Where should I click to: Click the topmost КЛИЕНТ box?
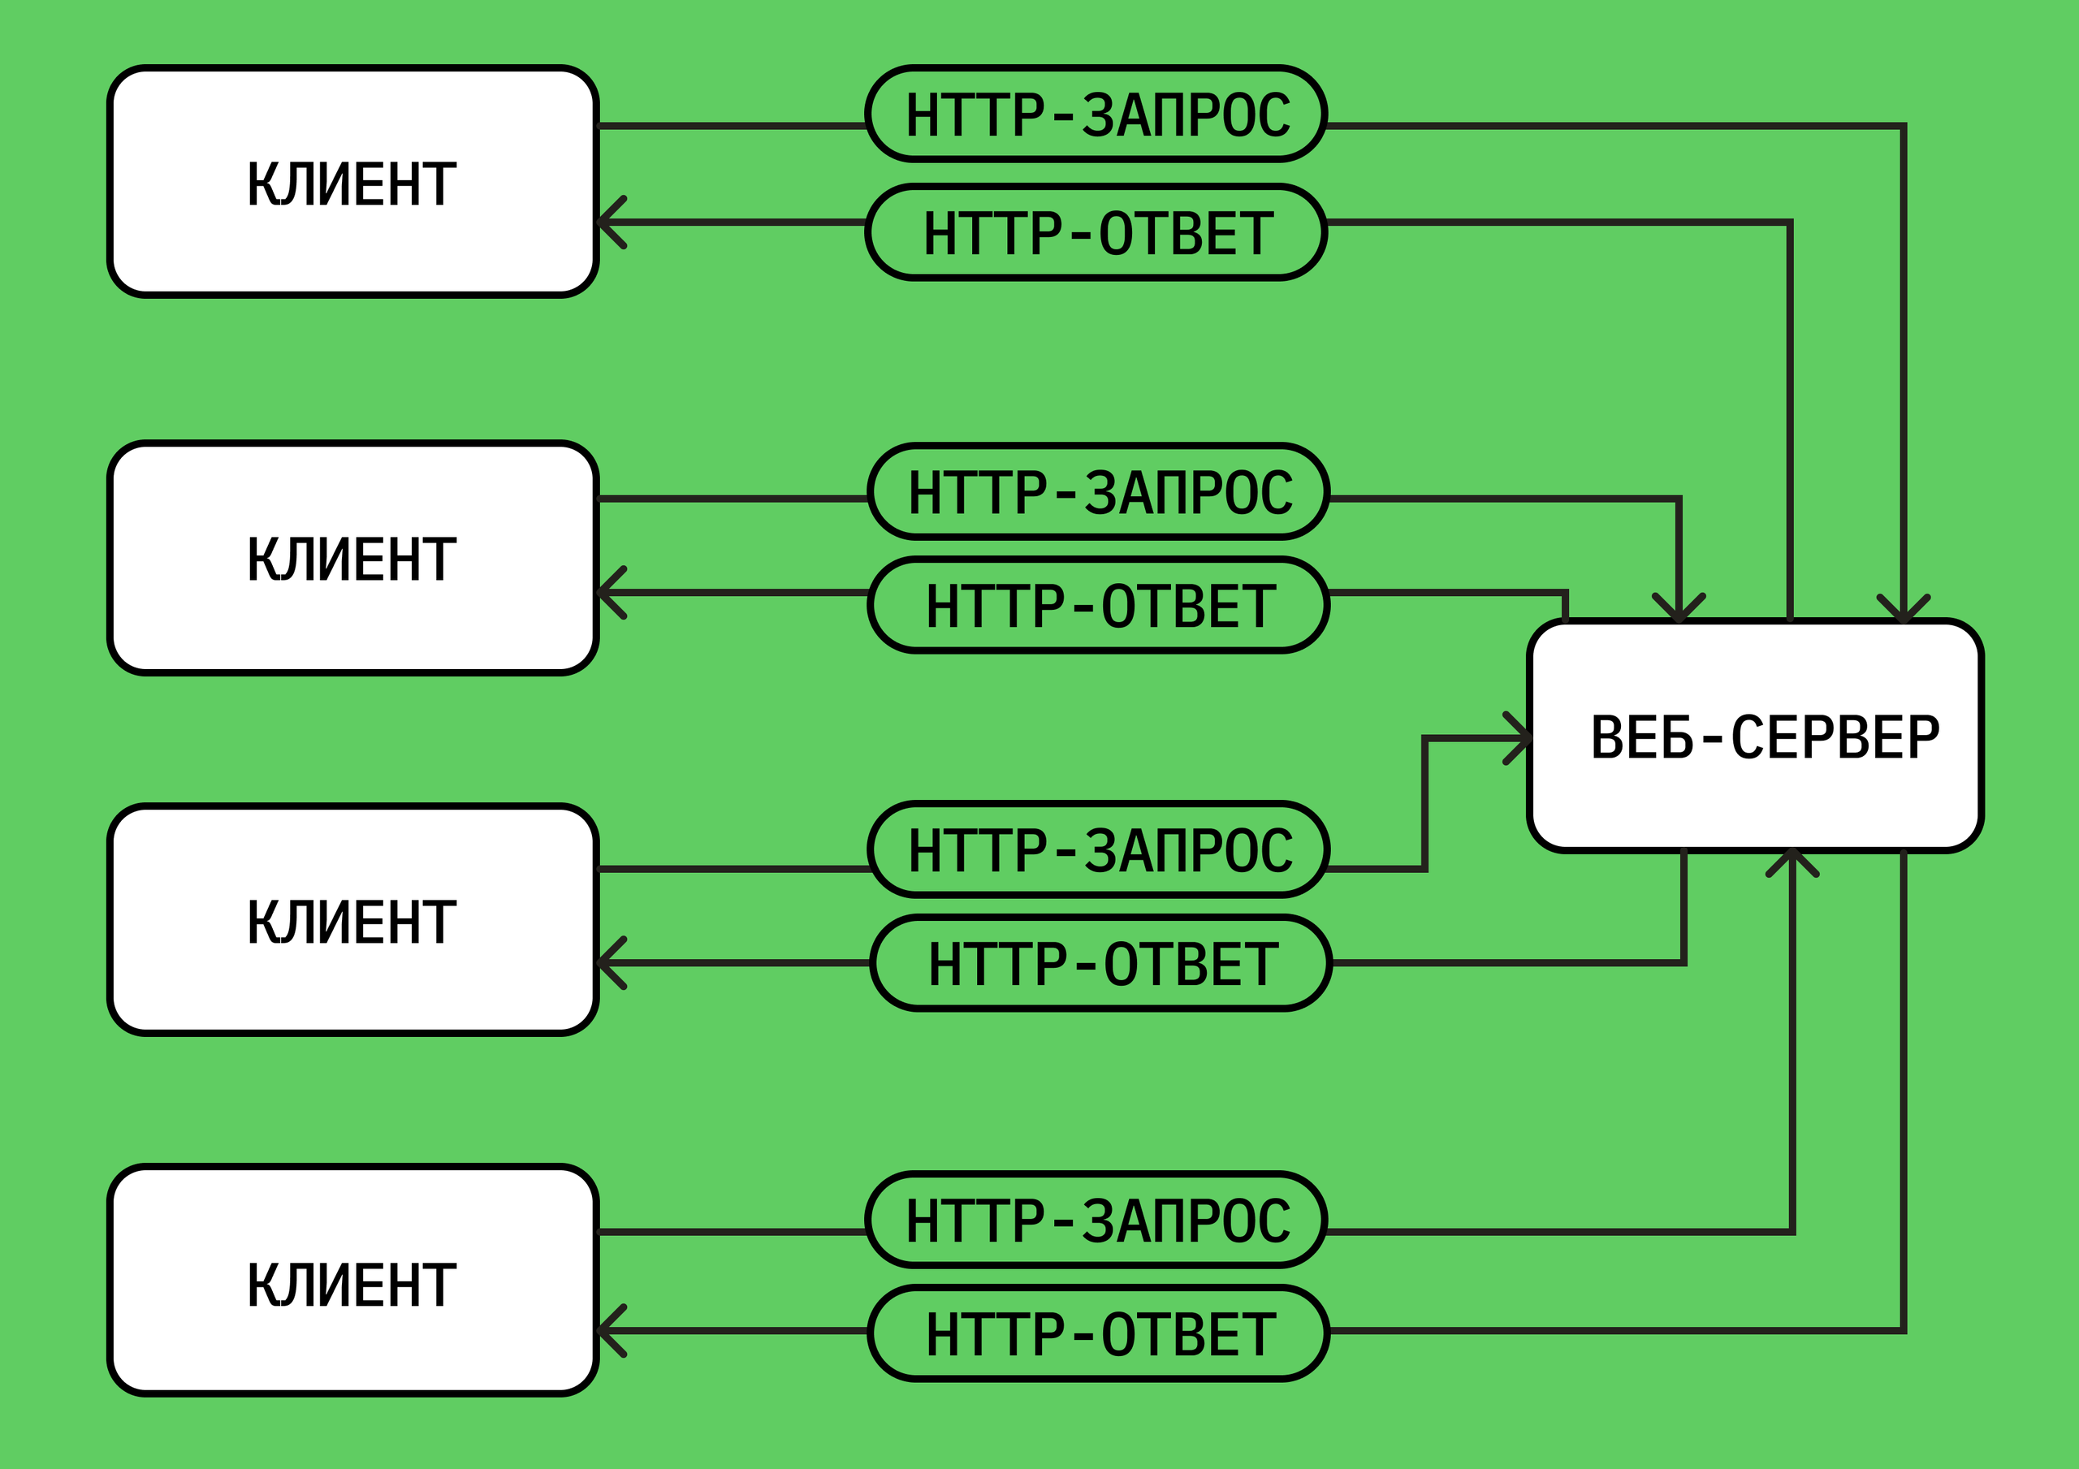352,181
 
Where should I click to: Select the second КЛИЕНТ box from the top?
352,558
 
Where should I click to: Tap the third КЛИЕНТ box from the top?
352,920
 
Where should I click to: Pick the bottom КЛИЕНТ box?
352,1281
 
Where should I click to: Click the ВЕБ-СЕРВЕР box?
1755,736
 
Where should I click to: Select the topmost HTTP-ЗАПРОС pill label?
1096,114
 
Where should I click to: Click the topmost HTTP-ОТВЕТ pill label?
1096,233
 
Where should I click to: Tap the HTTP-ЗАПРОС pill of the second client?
1098,492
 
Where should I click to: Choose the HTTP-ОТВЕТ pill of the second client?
1098,605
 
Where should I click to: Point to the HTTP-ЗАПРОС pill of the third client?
1098,849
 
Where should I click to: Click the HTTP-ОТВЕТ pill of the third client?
1101,963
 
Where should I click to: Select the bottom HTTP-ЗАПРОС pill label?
1096,1220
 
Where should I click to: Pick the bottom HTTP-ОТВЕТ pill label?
1098,1333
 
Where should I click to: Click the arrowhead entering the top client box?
608,222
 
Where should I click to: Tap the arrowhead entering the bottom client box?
608,1330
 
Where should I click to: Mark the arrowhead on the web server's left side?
1519,738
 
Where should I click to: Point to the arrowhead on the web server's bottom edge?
1792,862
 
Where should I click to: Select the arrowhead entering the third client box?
608,963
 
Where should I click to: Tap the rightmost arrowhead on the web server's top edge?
1904,610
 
